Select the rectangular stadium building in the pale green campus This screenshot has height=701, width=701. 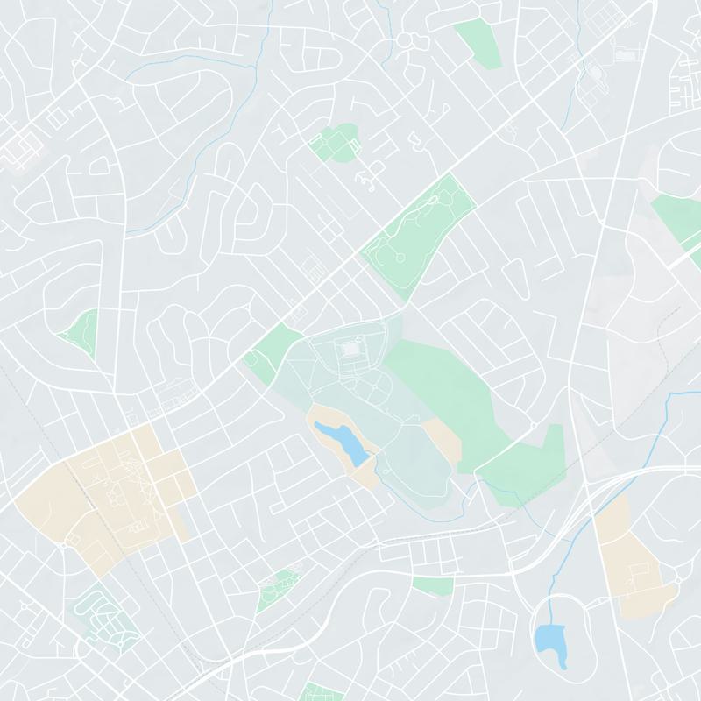click(x=351, y=349)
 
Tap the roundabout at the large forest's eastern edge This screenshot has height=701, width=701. click(x=531, y=424)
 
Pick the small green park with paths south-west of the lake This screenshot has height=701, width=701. click(x=279, y=587)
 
